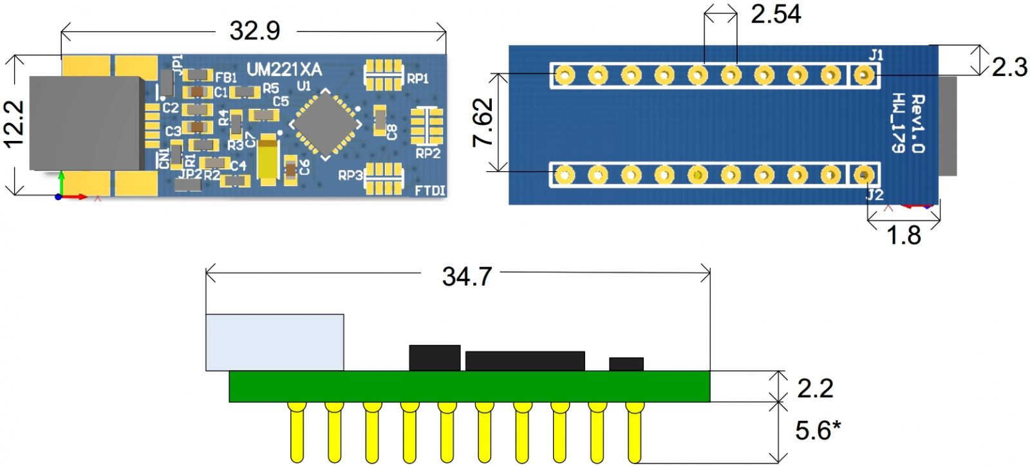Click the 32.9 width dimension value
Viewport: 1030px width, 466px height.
coord(254,30)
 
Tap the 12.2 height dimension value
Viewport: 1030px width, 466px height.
coord(14,124)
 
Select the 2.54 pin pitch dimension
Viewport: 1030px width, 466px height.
coord(775,14)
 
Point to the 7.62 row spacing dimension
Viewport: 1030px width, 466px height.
coord(483,122)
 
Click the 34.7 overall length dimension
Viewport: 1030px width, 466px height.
coord(467,277)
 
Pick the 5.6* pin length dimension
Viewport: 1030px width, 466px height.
coord(818,431)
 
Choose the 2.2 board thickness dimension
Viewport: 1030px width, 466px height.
coord(814,388)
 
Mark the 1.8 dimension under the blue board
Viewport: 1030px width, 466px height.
coord(904,236)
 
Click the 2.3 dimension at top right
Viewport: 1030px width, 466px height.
coord(1009,66)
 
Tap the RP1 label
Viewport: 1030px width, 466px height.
coord(418,79)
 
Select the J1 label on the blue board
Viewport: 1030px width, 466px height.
coord(876,55)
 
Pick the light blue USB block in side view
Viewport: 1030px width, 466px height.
coord(274,342)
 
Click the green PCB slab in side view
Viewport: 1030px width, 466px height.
coord(470,386)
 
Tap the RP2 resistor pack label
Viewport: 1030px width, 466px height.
coord(427,153)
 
